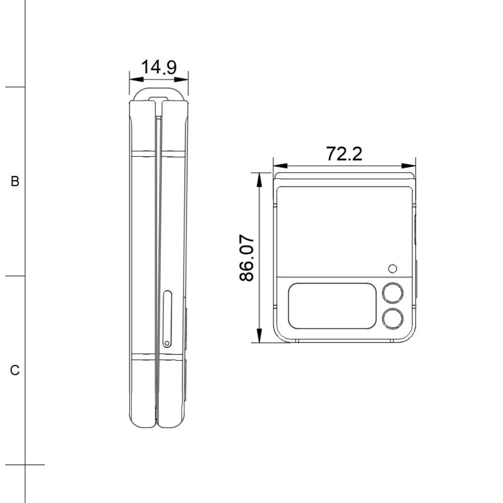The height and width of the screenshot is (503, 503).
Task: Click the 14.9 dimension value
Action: click(159, 68)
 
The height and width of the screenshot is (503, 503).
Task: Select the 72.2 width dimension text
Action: click(344, 154)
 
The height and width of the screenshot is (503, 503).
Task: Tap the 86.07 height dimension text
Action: click(249, 258)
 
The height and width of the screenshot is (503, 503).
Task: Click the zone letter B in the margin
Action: click(15, 182)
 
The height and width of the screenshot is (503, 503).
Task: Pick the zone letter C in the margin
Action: click(15, 371)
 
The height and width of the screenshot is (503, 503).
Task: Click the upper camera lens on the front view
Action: click(393, 292)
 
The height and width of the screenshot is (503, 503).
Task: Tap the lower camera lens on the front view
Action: click(393, 318)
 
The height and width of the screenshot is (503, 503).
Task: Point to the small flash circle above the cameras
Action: click(393, 269)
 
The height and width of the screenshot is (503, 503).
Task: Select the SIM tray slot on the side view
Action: click(166, 318)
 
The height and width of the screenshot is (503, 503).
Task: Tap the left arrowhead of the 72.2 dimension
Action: click(279, 166)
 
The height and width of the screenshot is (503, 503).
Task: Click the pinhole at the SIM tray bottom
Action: click(166, 343)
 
